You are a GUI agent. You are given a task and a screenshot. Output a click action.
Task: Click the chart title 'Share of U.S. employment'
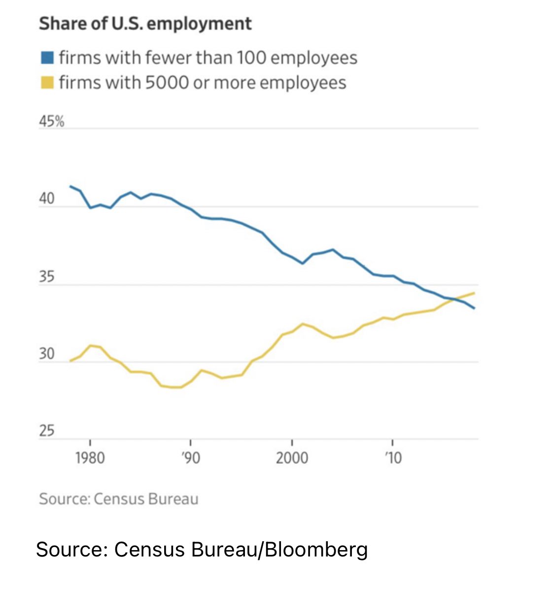point(145,24)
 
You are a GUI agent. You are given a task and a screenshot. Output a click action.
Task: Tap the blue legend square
point(47,58)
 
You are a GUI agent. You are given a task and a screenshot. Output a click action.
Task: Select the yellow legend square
point(47,82)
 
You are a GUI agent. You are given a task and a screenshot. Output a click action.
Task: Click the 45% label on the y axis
point(52,121)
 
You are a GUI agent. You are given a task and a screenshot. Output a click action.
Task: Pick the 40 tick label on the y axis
point(47,199)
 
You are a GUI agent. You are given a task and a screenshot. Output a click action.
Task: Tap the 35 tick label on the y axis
point(47,277)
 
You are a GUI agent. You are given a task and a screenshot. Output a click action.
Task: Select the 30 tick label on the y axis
point(47,354)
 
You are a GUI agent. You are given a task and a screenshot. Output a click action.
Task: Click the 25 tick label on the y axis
point(47,431)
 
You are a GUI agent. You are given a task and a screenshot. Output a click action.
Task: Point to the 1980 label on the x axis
point(90,458)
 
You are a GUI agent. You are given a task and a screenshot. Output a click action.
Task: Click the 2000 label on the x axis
point(292,458)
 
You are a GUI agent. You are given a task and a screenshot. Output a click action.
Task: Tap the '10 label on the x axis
point(393,458)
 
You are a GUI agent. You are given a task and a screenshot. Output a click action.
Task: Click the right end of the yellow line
point(474,293)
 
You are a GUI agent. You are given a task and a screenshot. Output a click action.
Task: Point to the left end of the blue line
point(70,186)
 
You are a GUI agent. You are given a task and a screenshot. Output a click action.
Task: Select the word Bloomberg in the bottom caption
point(316,549)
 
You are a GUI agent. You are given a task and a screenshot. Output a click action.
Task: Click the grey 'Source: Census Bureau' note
point(119,499)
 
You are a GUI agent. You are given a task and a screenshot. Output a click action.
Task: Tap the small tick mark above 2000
point(292,442)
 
